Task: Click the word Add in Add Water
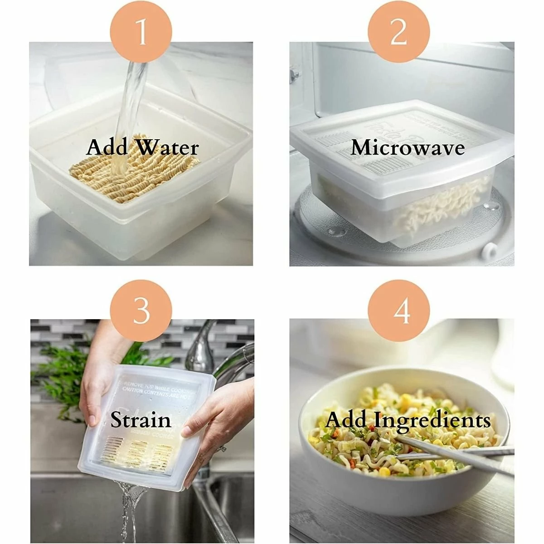click(x=106, y=148)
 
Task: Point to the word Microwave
click(x=408, y=147)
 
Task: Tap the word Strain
click(x=141, y=420)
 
